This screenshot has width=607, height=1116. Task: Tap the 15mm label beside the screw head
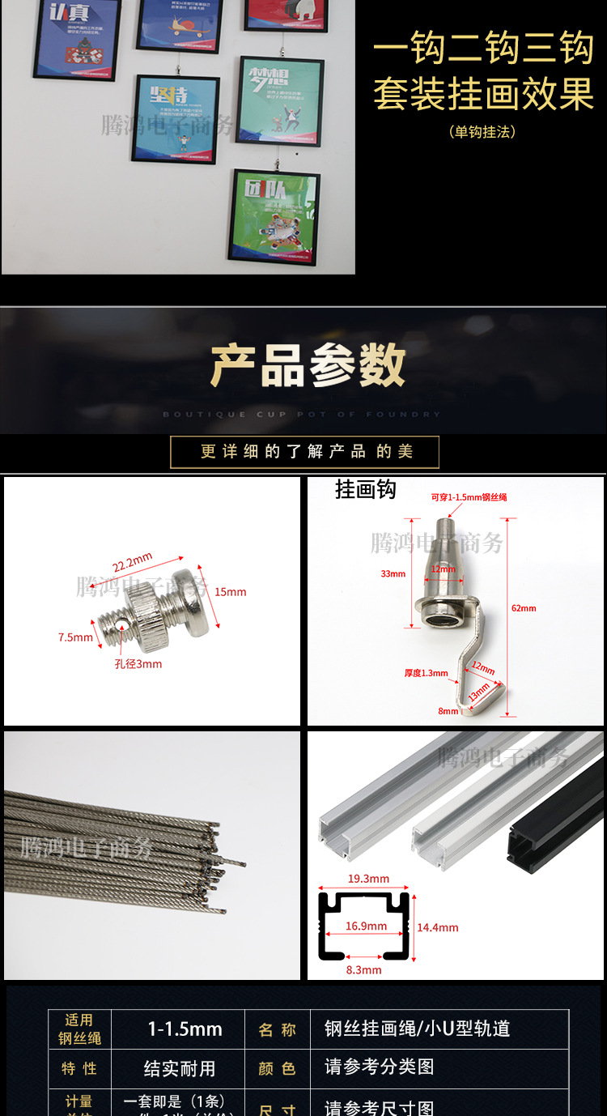[x=231, y=592]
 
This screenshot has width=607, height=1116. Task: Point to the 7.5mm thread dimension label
[x=75, y=637]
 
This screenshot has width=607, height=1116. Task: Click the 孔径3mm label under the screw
[x=138, y=664]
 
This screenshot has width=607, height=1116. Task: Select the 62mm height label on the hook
[x=524, y=608]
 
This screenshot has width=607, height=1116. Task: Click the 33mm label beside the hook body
[x=393, y=574]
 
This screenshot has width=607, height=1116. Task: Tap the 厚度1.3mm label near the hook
[x=427, y=673]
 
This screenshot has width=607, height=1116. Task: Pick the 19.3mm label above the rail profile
[x=368, y=879]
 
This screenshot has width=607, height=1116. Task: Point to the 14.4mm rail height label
[x=438, y=927]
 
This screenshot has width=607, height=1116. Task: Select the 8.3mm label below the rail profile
[x=363, y=969]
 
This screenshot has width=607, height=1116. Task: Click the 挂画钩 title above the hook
[x=366, y=490]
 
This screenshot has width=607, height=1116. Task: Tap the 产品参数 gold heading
[x=308, y=365]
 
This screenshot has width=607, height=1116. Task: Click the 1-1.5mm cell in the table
[x=185, y=1029]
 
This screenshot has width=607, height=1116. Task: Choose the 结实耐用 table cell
[x=180, y=1068]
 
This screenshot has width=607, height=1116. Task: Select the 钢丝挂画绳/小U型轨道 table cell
[x=417, y=1029]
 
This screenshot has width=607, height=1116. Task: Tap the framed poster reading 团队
[x=274, y=215]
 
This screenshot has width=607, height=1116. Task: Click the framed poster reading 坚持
[x=175, y=119]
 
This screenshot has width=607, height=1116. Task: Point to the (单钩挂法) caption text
[x=482, y=131]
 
